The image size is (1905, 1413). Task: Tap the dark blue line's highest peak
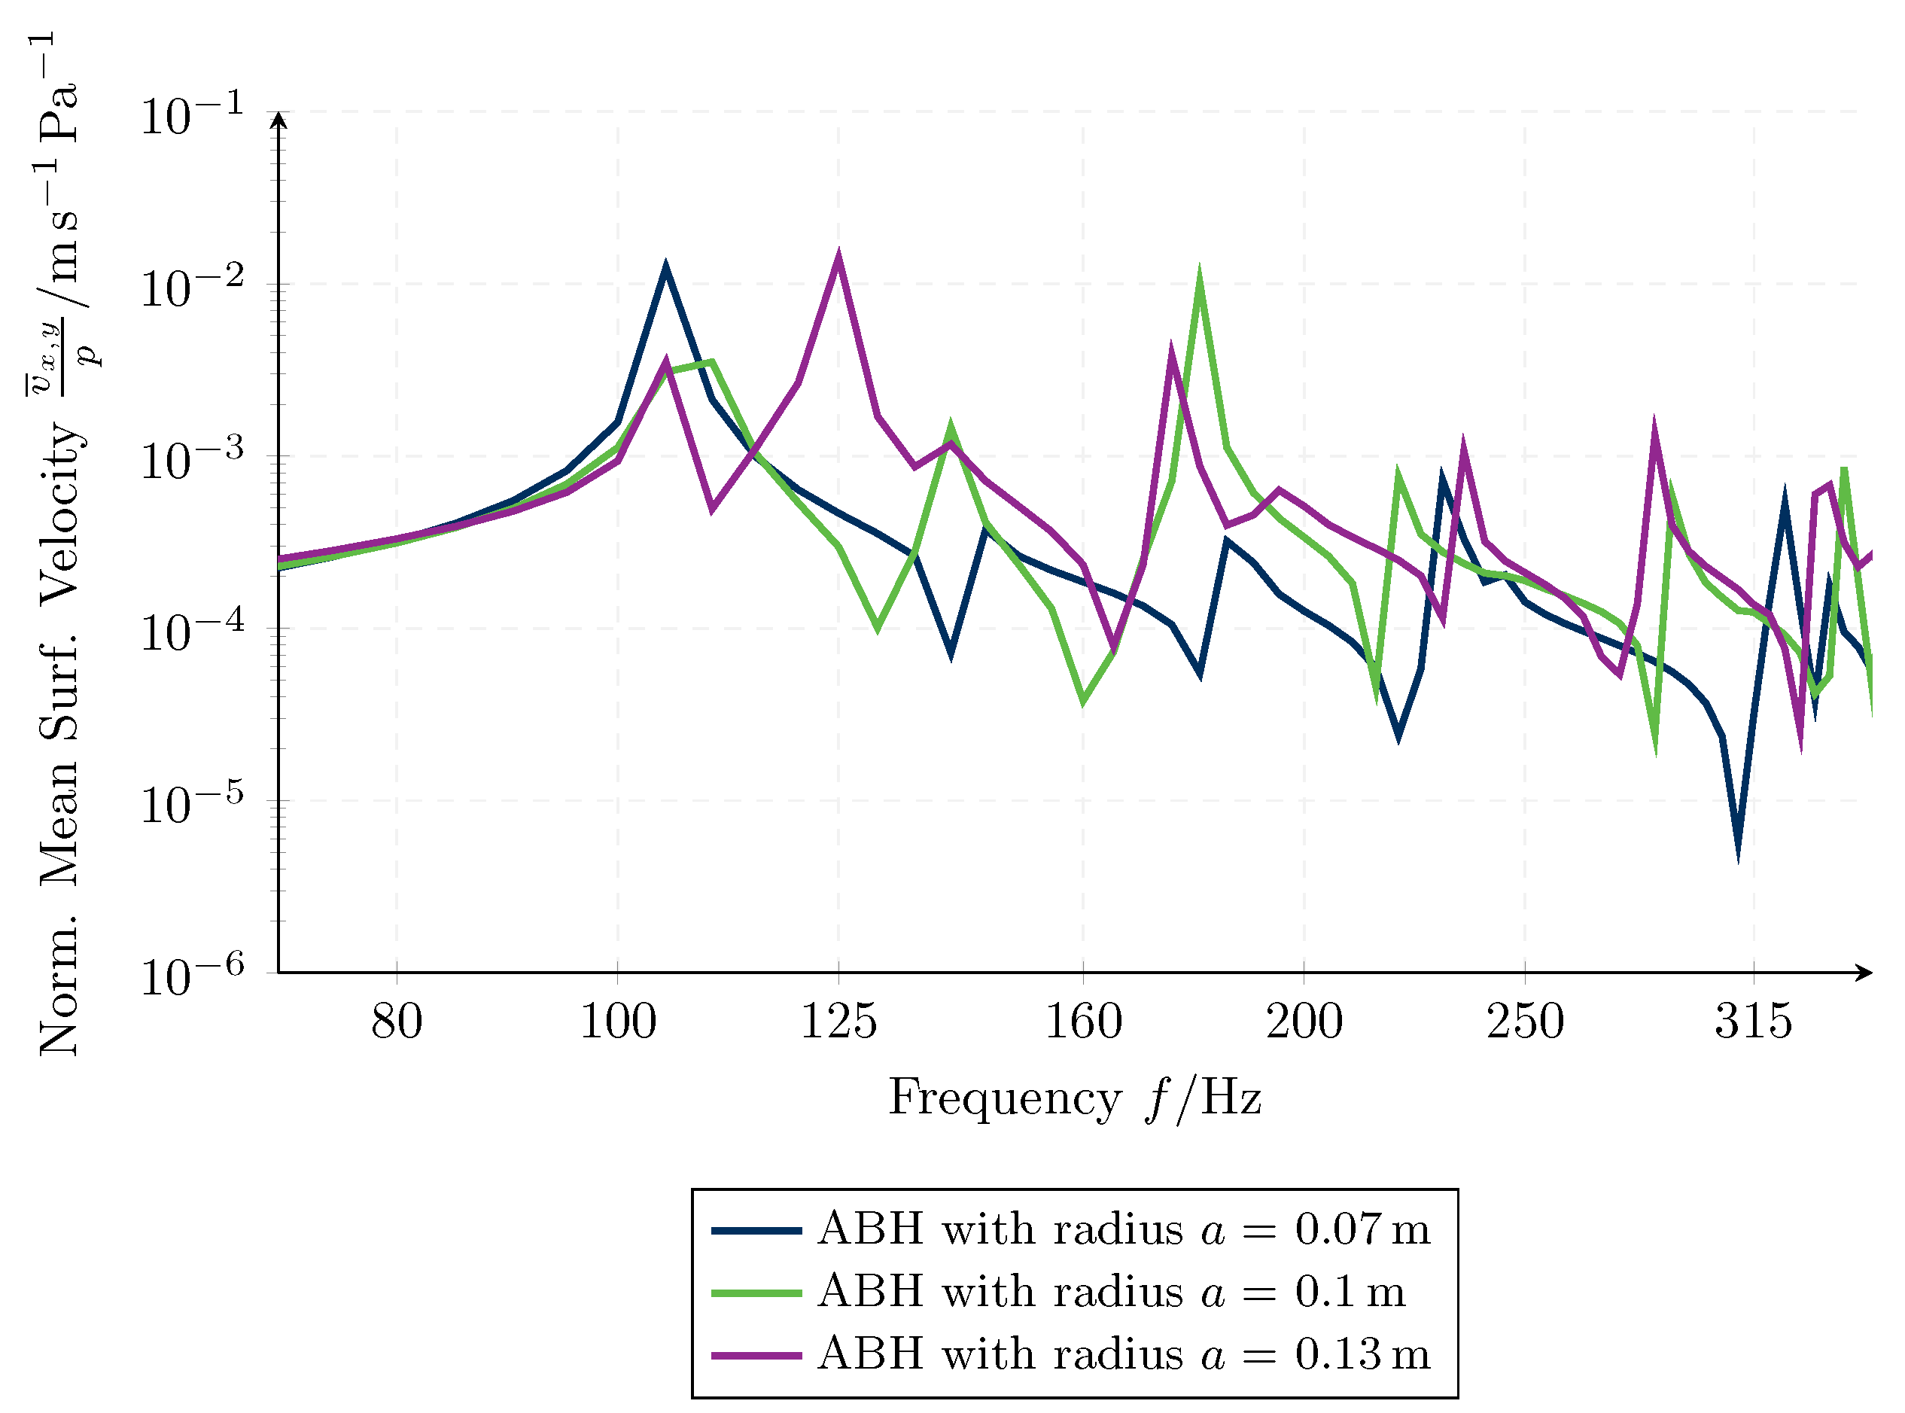click(665, 266)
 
